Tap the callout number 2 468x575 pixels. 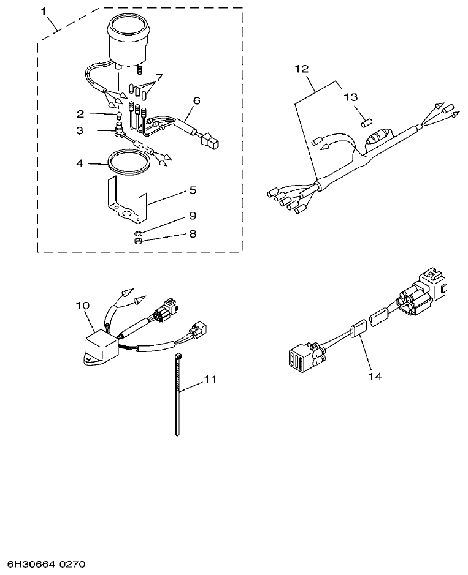coord(80,113)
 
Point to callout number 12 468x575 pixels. coord(302,69)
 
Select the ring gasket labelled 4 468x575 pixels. coord(128,163)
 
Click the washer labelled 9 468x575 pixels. coord(139,233)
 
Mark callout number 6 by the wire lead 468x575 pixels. coord(196,100)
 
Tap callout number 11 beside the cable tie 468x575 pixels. coord(210,380)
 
